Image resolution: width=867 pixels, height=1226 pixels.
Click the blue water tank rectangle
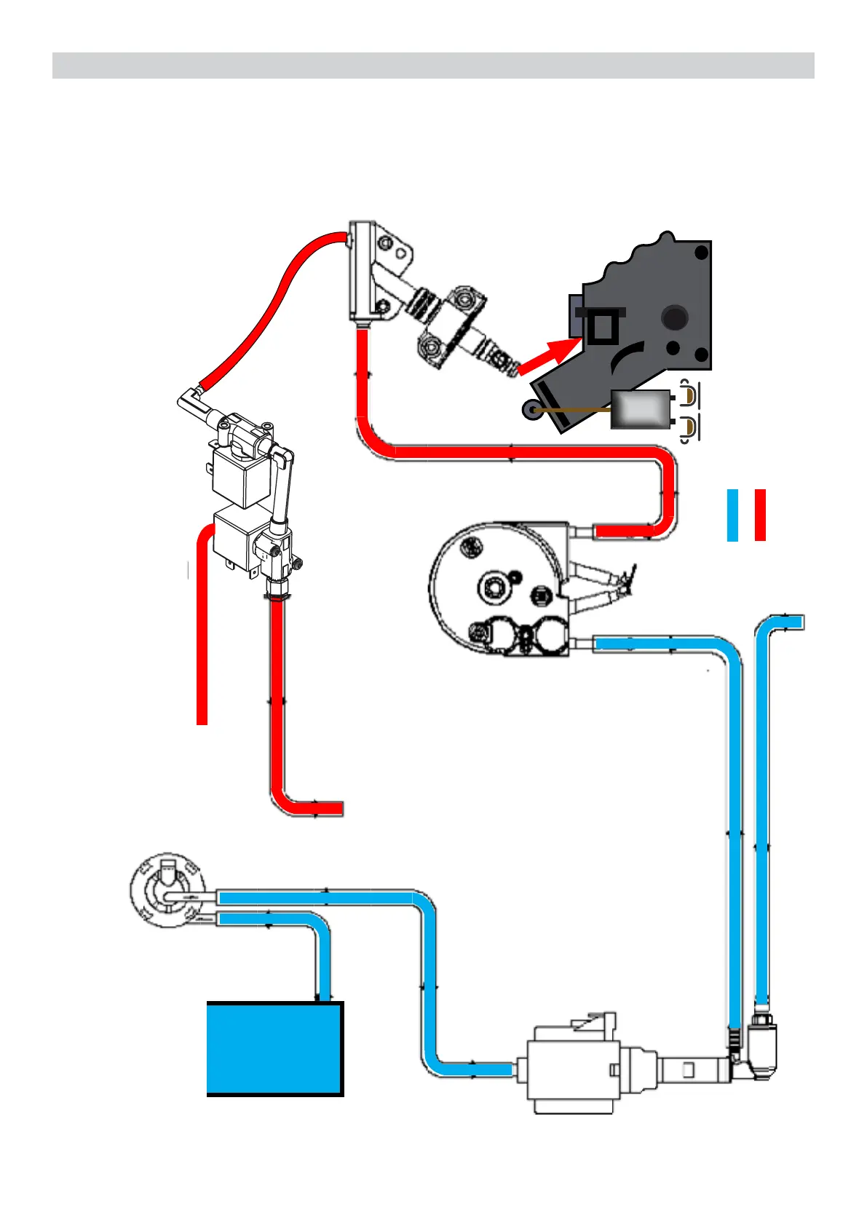[x=274, y=1048]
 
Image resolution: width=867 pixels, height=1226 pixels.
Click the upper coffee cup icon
[x=689, y=394]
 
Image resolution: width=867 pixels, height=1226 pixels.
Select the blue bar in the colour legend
[x=732, y=515]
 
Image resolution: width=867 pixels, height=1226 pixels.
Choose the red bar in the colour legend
[x=760, y=515]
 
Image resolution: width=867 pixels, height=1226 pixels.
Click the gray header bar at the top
[x=433, y=65]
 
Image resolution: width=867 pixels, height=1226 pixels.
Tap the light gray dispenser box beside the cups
[x=640, y=410]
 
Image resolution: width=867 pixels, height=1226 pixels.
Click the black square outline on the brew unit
[x=603, y=327]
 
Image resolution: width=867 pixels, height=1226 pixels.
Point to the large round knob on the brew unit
[x=675, y=317]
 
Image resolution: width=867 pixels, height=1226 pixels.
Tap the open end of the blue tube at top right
[x=799, y=622]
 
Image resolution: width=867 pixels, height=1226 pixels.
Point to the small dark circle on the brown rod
[x=528, y=411]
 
